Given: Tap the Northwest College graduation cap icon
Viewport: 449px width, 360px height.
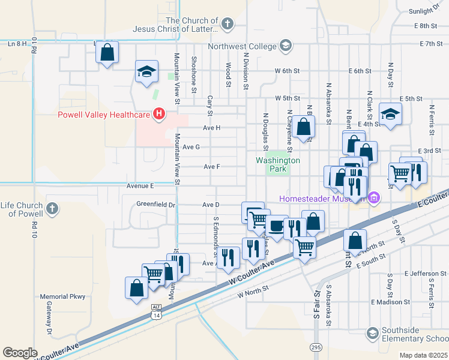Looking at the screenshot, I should [286, 46].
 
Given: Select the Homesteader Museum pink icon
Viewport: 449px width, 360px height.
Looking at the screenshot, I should [375, 197].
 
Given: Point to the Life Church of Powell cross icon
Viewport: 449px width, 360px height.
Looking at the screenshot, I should [52, 209].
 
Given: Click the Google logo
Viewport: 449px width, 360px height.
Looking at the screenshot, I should [20, 353].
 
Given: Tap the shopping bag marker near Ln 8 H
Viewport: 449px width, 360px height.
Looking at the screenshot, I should [107, 52].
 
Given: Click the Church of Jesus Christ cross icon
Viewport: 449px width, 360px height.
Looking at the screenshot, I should [226, 24].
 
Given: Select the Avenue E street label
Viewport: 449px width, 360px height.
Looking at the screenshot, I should [140, 186].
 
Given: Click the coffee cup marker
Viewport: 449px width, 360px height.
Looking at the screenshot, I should [276, 227].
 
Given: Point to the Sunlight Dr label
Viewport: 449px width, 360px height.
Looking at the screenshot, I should [424, 11].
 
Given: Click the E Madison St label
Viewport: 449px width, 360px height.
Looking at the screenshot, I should [391, 302].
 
